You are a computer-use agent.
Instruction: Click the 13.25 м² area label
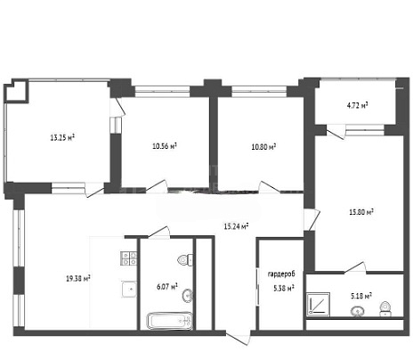pyautogui.click(x=62, y=137)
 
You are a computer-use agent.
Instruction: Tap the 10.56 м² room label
pyautogui.click(x=165, y=146)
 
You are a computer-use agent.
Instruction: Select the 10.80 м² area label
pyautogui.click(x=263, y=146)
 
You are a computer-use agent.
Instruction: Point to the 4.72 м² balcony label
pyautogui.click(x=358, y=105)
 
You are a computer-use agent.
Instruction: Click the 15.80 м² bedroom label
pyautogui.click(x=361, y=212)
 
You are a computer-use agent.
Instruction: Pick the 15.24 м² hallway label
pyautogui.click(x=236, y=226)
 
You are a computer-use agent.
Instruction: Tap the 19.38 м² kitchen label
pyautogui.click(x=78, y=278)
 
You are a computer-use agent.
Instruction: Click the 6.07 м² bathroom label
pyautogui.click(x=167, y=286)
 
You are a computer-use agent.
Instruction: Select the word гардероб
pyautogui.click(x=281, y=274)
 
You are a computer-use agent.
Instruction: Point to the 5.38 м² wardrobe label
pyautogui.click(x=284, y=288)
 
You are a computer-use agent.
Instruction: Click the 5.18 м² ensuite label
pyautogui.click(x=361, y=296)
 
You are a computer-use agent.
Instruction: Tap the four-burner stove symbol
pyautogui.click(x=129, y=258)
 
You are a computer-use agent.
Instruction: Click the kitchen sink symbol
pyautogui.click(x=129, y=289)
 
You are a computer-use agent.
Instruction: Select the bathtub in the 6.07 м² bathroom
pyautogui.click(x=169, y=321)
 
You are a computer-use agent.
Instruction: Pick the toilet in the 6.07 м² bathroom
pyautogui.click(x=185, y=260)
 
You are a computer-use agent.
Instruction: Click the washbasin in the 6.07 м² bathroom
pyautogui.click(x=188, y=296)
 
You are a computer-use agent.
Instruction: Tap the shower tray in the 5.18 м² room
pyautogui.click(x=318, y=305)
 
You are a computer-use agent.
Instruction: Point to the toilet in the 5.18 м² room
pyautogui.click(x=385, y=308)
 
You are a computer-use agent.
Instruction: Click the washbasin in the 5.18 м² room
pyautogui.click(x=358, y=311)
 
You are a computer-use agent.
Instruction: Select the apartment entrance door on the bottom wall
pyautogui.click(x=238, y=338)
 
